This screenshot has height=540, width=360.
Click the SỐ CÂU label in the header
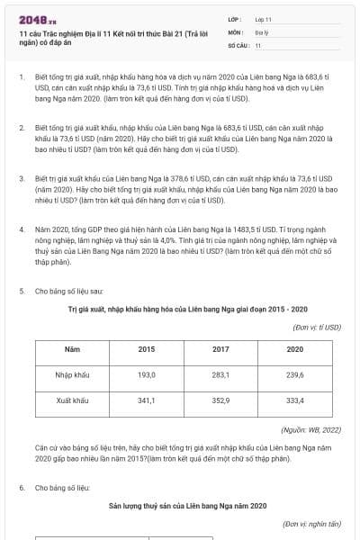coord(238,44)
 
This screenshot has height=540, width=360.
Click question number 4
coord(21,229)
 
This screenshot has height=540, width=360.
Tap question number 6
coord(21,487)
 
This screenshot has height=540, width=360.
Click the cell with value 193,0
coord(147,374)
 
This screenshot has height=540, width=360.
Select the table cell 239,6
coord(294,374)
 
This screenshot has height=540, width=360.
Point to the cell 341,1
coord(147,400)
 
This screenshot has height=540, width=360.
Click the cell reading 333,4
coord(294,400)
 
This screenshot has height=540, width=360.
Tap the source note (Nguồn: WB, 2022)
coord(310,430)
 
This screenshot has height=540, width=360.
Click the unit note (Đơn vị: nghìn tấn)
coord(311,523)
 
